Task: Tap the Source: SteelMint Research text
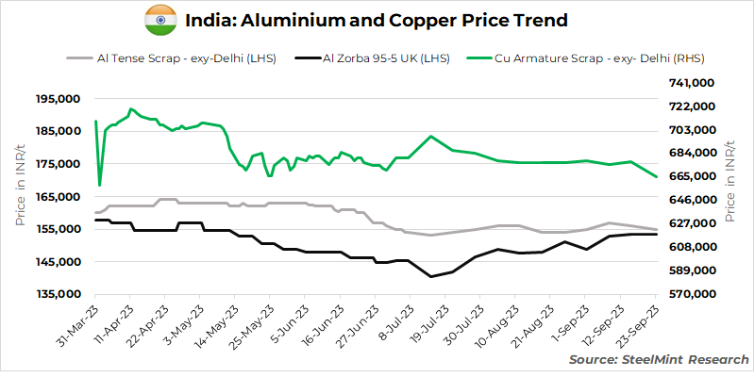pyautogui.click(x=659, y=359)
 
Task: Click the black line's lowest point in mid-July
pyautogui.click(x=431, y=276)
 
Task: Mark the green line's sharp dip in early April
pyautogui.click(x=99, y=185)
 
